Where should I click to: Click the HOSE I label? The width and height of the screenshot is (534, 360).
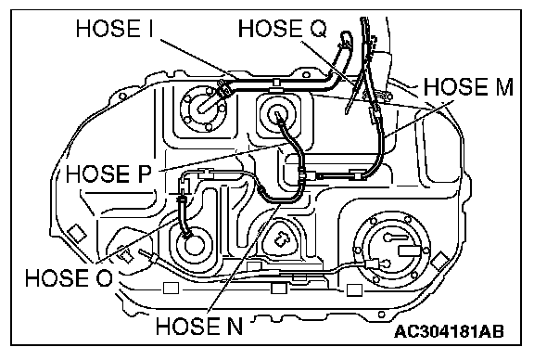click(115, 28)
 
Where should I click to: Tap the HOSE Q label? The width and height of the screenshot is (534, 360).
click(283, 28)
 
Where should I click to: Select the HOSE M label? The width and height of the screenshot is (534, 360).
click(468, 87)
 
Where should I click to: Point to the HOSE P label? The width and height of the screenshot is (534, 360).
click(108, 174)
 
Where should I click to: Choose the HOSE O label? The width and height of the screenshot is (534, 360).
click(69, 277)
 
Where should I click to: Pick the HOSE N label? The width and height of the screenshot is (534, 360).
click(199, 327)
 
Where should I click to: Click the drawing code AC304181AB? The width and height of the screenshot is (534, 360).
click(450, 331)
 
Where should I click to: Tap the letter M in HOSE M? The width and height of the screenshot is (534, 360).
click(502, 87)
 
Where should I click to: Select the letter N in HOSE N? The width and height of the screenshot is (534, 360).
click(234, 327)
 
